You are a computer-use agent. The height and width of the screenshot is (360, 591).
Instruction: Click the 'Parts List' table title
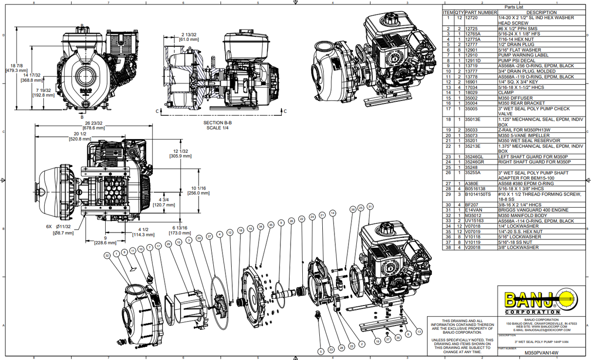point(516,7)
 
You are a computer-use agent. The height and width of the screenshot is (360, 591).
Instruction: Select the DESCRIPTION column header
point(541,12)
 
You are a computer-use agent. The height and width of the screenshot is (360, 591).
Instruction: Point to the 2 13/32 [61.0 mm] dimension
point(189,36)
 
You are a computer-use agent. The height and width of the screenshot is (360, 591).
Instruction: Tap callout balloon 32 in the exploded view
point(106,255)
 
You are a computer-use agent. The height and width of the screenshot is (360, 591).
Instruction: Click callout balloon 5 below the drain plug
point(320,351)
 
